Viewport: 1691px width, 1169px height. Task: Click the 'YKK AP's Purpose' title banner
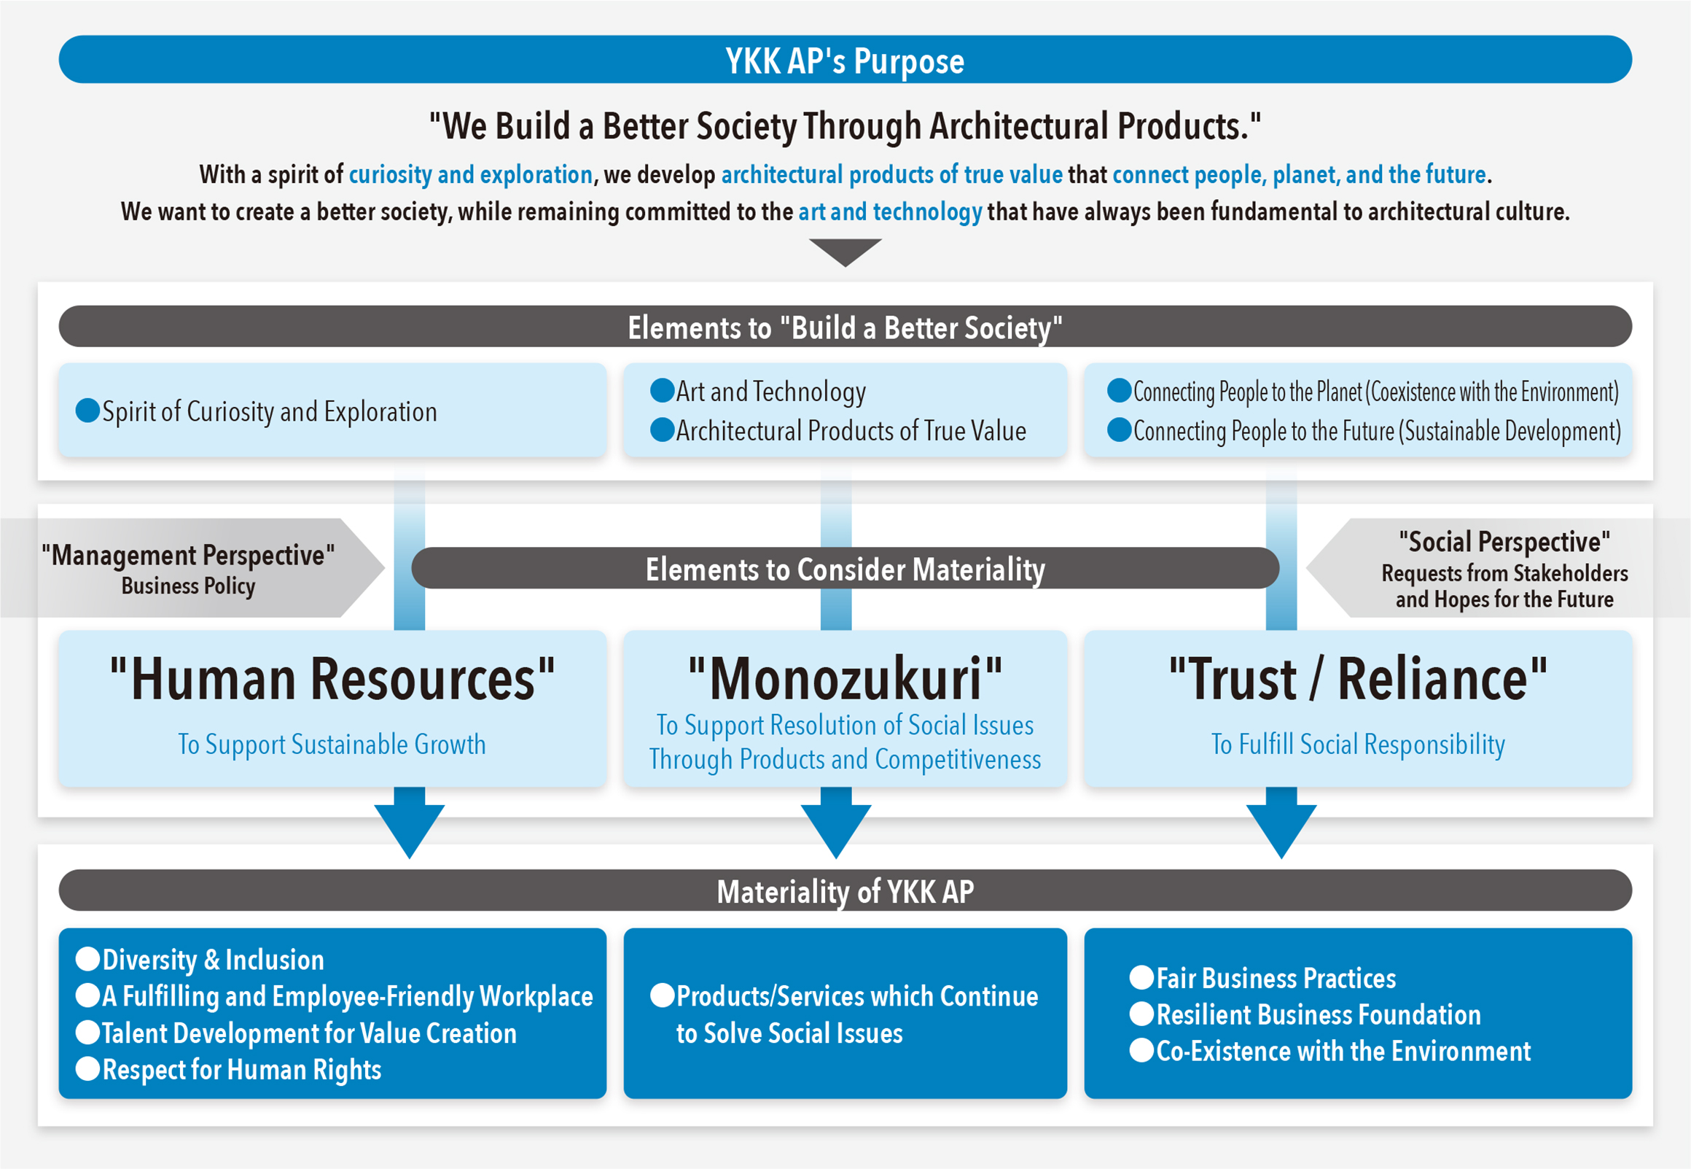pos(845,60)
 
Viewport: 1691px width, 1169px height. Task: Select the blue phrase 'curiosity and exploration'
pos(470,175)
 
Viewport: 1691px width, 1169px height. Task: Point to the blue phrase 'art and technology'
pos(889,211)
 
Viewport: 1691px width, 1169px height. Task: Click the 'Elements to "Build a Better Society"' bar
pos(845,327)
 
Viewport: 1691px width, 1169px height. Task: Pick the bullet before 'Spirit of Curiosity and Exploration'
pos(88,410)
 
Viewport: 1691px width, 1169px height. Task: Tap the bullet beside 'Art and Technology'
pos(662,390)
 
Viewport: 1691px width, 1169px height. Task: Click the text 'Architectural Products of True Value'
pos(851,431)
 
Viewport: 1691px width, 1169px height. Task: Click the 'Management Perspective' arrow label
pos(188,568)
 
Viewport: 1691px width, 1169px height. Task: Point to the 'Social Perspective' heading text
pos(1504,542)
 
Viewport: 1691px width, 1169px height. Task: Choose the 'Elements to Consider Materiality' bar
pos(845,568)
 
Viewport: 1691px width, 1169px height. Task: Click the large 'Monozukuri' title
pos(845,679)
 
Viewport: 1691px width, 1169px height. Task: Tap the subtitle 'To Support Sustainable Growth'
pos(332,744)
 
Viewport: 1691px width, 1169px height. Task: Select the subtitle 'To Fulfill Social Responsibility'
pos(1358,744)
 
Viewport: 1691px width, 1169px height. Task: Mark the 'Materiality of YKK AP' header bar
pos(845,890)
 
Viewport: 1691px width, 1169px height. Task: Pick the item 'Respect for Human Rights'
pos(241,1069)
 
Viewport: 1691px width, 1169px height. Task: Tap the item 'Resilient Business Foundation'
pos(1318,1014)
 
